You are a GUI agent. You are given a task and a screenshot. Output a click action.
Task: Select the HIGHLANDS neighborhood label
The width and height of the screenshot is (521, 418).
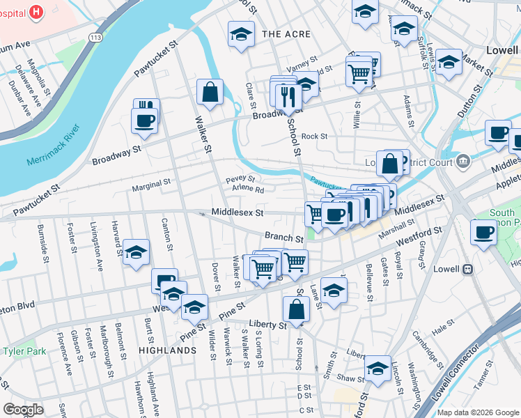pyautogui.click(x=167, y=350)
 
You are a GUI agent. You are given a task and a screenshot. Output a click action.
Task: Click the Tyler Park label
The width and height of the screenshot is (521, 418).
pyautogui.click(x=24, y=351)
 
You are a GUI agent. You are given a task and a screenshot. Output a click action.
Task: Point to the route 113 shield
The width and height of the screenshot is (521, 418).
pyautogui.click(x=95, y=36)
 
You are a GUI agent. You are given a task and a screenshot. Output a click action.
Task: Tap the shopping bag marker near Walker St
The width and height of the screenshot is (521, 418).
pyautogui.click(x=210, y=92)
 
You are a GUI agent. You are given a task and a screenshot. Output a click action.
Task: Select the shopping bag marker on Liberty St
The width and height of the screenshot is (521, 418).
pyautogui.click(x=297, y=309)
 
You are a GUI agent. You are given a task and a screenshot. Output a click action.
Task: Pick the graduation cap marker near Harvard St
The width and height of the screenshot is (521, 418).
pyautogui.click(x=137, y=251)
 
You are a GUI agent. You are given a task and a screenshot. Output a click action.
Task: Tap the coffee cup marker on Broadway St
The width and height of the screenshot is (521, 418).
pyautogui.click(x=144, y=120)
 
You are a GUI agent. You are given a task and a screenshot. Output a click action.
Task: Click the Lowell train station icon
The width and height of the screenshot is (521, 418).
pyautogui.click(x=467, y=269)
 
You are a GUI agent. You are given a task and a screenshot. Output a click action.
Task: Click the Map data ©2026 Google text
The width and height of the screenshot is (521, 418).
pyautogui.click(x=477, y=412)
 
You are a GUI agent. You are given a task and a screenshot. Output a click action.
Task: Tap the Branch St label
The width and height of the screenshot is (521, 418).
pyautogui.click(x=283, y=237)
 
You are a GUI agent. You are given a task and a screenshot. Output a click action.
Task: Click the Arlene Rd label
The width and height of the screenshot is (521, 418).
pyautogui.click(x=248, y=189)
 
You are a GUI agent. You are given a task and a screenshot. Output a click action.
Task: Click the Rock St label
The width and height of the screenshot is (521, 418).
pyautogui.click(x=314, y=137)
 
